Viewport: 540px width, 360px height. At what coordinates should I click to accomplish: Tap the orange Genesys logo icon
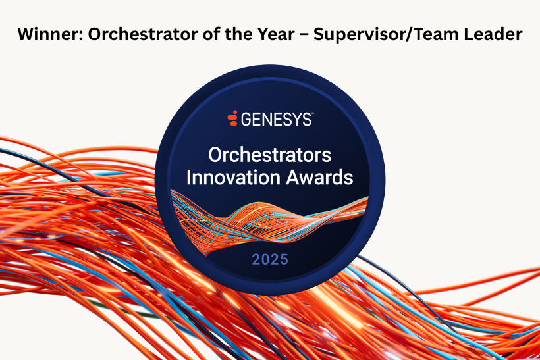click(x=232, y=118)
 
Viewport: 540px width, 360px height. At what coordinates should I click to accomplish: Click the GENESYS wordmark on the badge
click(x=276, y=119)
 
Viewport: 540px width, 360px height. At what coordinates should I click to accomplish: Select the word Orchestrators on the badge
click(x=269, y=155)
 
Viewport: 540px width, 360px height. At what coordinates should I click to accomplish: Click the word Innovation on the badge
click(x=233, y=177)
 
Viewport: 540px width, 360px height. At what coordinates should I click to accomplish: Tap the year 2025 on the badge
click(x=269, y=259)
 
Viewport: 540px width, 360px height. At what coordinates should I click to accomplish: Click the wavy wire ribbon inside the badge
click(x=269, y=221)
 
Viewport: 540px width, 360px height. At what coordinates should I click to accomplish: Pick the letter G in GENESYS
click(x=246, y=119)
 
